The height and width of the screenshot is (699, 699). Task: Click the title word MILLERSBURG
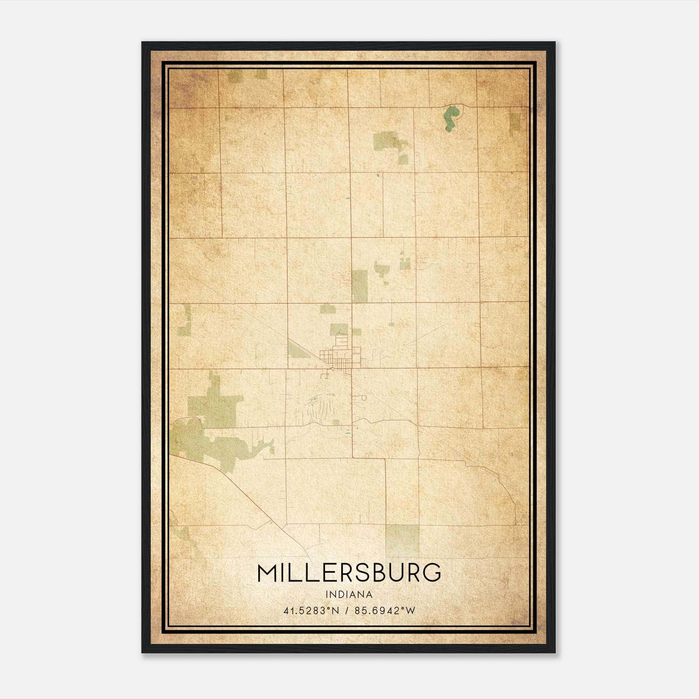pos(349,573)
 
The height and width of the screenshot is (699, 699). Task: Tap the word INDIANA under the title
pos(349,595)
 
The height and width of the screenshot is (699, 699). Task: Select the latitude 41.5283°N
pos(311,611)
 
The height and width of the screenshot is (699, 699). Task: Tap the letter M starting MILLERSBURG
pos(268,573)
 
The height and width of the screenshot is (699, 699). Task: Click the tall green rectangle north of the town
pos(360,286)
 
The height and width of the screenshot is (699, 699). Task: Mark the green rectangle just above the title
pos(402,540)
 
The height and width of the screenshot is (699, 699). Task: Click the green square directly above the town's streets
pos(339,329)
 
